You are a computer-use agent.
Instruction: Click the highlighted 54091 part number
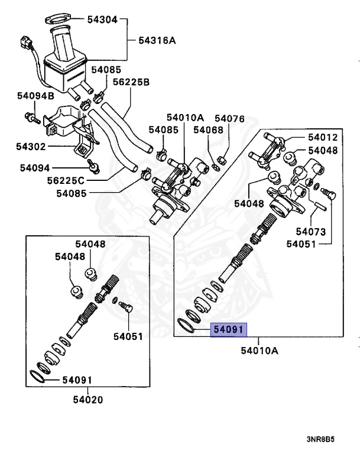pos(228,330)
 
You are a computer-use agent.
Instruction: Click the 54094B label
pos(35,95)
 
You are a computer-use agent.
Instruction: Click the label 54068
pos(208,129)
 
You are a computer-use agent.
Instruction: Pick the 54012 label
pos(322,138)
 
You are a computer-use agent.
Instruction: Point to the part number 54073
pos(312,231)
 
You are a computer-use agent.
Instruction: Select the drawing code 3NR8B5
pos(320,440)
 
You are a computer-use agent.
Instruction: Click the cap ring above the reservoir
pos(56,20)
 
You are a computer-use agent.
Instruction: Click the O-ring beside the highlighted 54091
pos(187,324)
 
